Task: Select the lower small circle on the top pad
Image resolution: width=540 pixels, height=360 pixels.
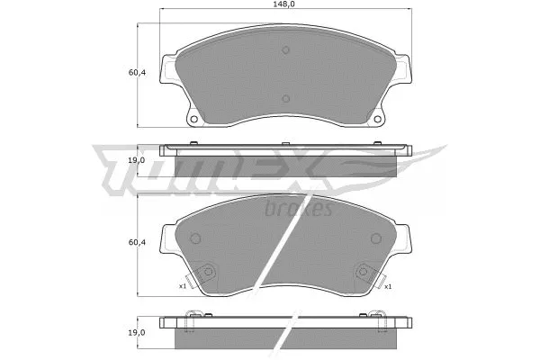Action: [x=285, y=99]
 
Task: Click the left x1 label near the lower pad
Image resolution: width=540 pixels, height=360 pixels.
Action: [x=183, y=286]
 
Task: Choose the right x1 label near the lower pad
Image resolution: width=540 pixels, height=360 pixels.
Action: [x=387, y=286]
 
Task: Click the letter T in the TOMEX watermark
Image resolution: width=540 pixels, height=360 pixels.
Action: [x=121, y=171]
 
